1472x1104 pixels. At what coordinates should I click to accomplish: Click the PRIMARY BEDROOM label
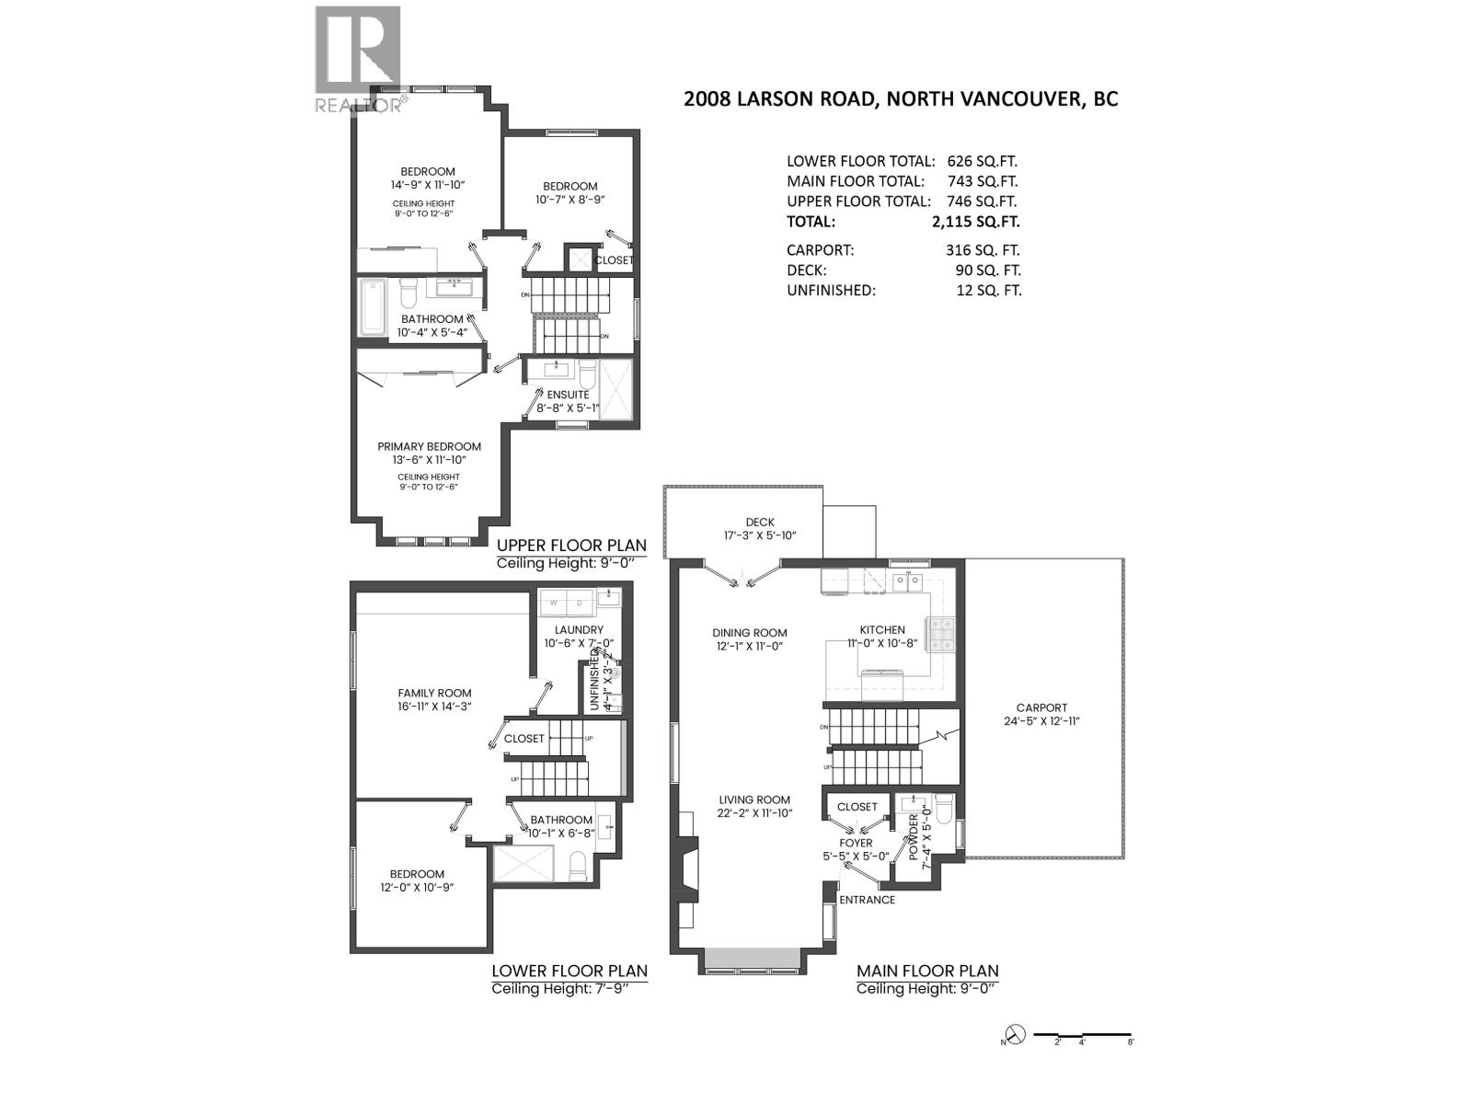(429, 447)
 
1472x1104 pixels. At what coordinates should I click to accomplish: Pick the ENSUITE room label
(568, 395)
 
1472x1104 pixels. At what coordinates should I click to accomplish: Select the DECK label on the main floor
(760, 523)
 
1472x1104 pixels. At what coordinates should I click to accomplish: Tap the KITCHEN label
(882, 630)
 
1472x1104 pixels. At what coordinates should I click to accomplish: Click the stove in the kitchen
(943, 633)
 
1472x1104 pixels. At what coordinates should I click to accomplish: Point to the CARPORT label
(1041, 708)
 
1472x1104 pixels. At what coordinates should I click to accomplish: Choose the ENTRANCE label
(867, 900)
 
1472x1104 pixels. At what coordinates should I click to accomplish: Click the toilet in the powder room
(942, 807)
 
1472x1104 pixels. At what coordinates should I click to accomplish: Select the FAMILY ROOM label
(434, 694)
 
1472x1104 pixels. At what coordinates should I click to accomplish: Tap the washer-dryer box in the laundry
(567, 604)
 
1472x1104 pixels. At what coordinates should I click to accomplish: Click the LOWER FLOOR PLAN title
(569, 972)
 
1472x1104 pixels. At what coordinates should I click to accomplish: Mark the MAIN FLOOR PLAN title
(927, 972)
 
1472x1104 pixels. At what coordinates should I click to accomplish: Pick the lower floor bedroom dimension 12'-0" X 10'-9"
(417, 888)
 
